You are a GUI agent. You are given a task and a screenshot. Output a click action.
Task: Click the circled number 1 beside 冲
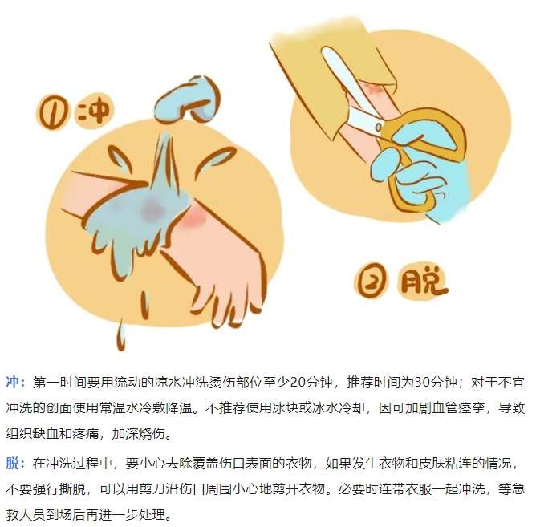pos(52,112)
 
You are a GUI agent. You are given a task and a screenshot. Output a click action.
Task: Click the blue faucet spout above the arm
pos(187,99)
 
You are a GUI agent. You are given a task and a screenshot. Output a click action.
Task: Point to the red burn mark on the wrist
pos(193,217)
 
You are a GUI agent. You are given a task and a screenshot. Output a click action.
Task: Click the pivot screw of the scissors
pos(379,128)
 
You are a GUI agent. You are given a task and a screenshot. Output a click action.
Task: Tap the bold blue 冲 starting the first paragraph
pos(12,382)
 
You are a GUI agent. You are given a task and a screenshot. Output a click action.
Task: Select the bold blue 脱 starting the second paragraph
pos(12,464)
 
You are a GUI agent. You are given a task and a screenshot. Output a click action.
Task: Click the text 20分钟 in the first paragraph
pos(311,382)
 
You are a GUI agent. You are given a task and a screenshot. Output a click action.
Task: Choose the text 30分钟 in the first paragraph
pos(436,382)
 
